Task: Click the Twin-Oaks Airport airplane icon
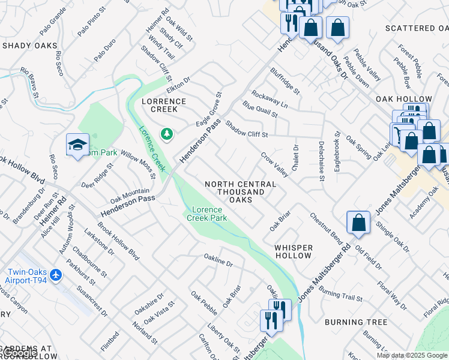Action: pyautogui.click(x=56, y=274)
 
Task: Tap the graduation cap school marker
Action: pyautogui.click(x=77, y=145)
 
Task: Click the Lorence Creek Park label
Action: pyautogui.click(x=207, y=214)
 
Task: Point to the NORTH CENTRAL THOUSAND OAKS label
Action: pyautogui.click(x=235, y=191)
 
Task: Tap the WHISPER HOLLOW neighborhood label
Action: pyautogui.click(x=294, y=251)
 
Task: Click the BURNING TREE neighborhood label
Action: pyautogui.click(x=356, y=322)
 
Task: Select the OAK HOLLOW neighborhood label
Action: pyautogui.click(x=403, y=99)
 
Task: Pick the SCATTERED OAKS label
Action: pyautogui.click(x=418, y=28)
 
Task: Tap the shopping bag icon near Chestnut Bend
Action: pyautogui.click(x=358, y=223)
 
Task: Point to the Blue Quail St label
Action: pyautogui.click(x=260, y=109)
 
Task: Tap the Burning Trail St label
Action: pyautogui.click(x=340, y=294)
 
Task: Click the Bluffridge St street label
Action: pyautogui.click(x=285, y=81)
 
